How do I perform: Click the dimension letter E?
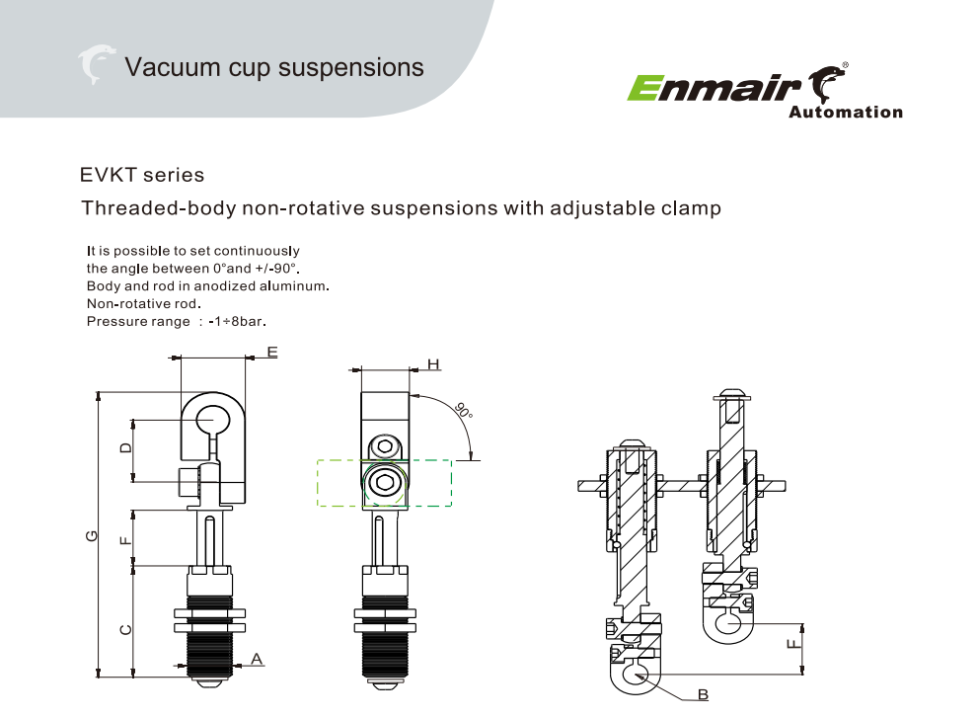(x=272, y=352)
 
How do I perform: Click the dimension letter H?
(x=433, y=364)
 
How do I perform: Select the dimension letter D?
(x=125, y=448)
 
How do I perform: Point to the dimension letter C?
(x=125, y=629)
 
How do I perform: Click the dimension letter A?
(x=257, y=658)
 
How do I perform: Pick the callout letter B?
(x=703, y=694)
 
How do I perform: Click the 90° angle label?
(x=463, y=409)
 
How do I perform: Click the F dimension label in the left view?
(x=125, y=539)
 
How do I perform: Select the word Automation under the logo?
(x=845, y=113)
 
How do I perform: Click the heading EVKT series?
(x=142, y=176)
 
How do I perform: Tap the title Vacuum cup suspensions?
(x=274, y=67)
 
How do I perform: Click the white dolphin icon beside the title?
(x=96, y=65)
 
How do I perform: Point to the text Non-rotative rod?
(x=144, y=303)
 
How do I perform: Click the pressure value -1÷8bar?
(x=238, y=322)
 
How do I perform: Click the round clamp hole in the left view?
(x=211, y=418)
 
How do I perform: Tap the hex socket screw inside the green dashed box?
(x=383, y=483)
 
